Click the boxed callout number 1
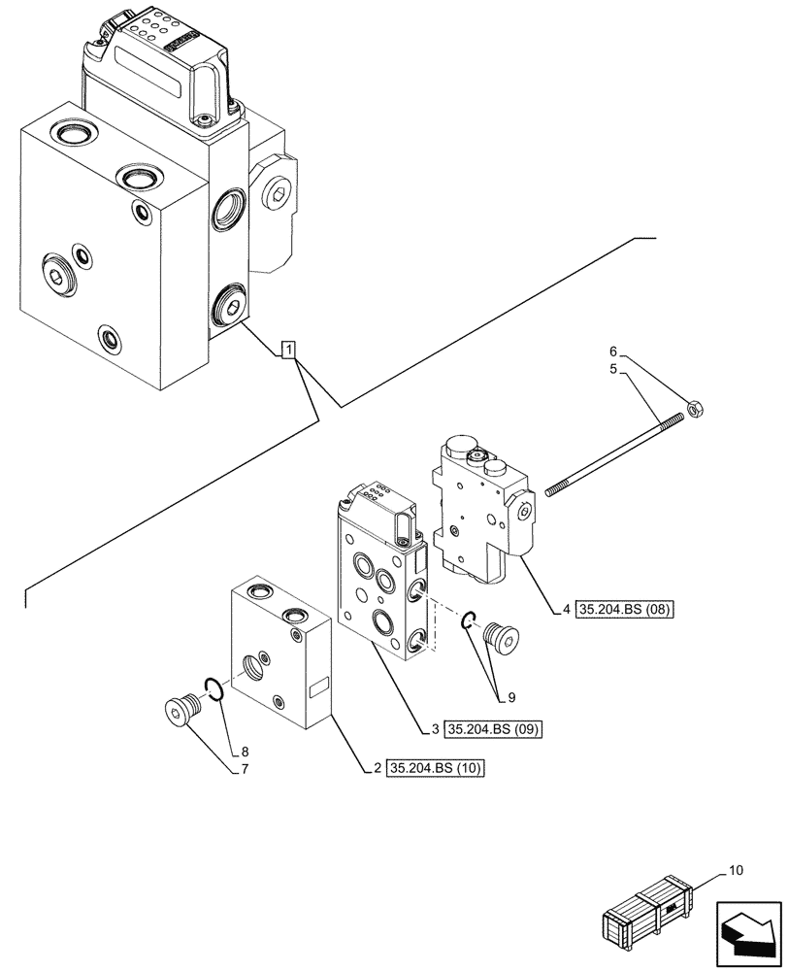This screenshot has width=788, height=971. [x=288, y=350]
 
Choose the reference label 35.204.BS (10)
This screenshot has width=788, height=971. [x=436, y=769]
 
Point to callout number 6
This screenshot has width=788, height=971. [x=612, y=352]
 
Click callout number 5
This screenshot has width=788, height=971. [x=612, y=370]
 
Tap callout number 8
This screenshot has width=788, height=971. [x=245, y=751]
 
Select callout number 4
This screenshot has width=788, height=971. [x=566, y=611]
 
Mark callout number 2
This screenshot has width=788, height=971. [x=378, y=769]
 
